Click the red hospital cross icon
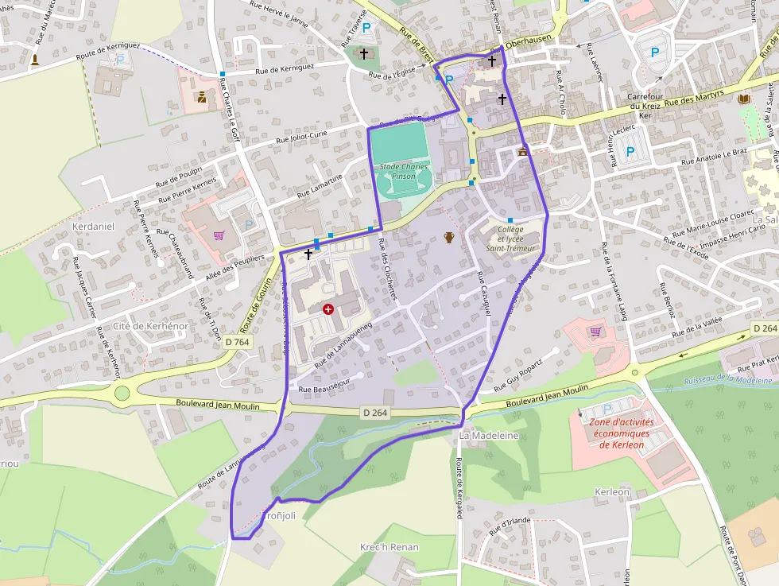(328, 309)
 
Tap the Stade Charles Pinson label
(403, 171)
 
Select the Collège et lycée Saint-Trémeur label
(511, 239)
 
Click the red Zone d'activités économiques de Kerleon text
(621, 433)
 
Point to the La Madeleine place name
(489, 436)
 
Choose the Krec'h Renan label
(389, 548)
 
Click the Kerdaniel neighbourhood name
(94, 227)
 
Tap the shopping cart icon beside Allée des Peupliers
(219, 235)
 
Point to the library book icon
(744, 99)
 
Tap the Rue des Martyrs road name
(695, 97)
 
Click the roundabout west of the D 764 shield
(122, 393)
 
